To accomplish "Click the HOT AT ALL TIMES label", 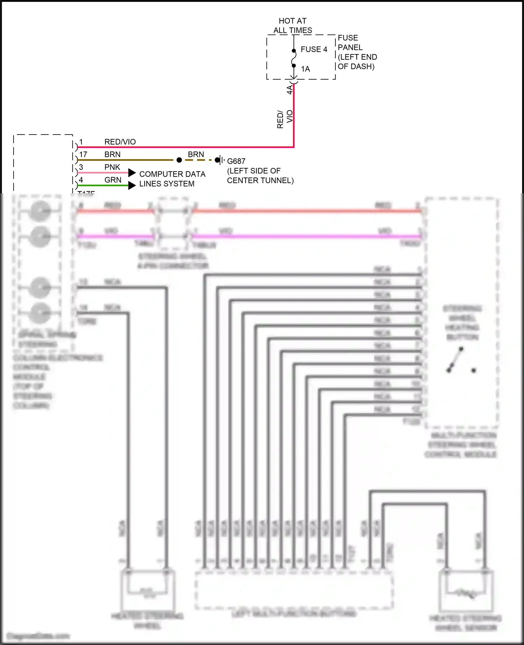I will [293, 26].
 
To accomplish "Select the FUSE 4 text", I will [314, 49].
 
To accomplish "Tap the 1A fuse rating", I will [305, 69].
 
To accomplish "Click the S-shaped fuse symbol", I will [294, 58].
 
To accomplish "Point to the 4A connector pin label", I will [290, 89].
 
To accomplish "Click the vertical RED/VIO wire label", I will [285, 119].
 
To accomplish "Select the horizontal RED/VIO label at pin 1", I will [120, 142].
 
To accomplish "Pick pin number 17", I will [83, 154].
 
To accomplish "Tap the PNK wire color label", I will [112, 167].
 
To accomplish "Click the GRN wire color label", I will [112, 180].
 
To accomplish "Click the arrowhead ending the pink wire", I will [132, 173].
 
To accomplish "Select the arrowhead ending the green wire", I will [132, 186].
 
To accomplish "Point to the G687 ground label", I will [236, 161].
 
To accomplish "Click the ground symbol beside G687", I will [220, 160].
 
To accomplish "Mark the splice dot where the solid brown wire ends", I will [179, 160].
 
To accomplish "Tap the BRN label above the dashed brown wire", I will [196, 154].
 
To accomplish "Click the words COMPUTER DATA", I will [172, 174].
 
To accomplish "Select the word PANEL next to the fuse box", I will [350, 48].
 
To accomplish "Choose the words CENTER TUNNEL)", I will [260, 181].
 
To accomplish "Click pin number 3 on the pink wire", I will [81, 167].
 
